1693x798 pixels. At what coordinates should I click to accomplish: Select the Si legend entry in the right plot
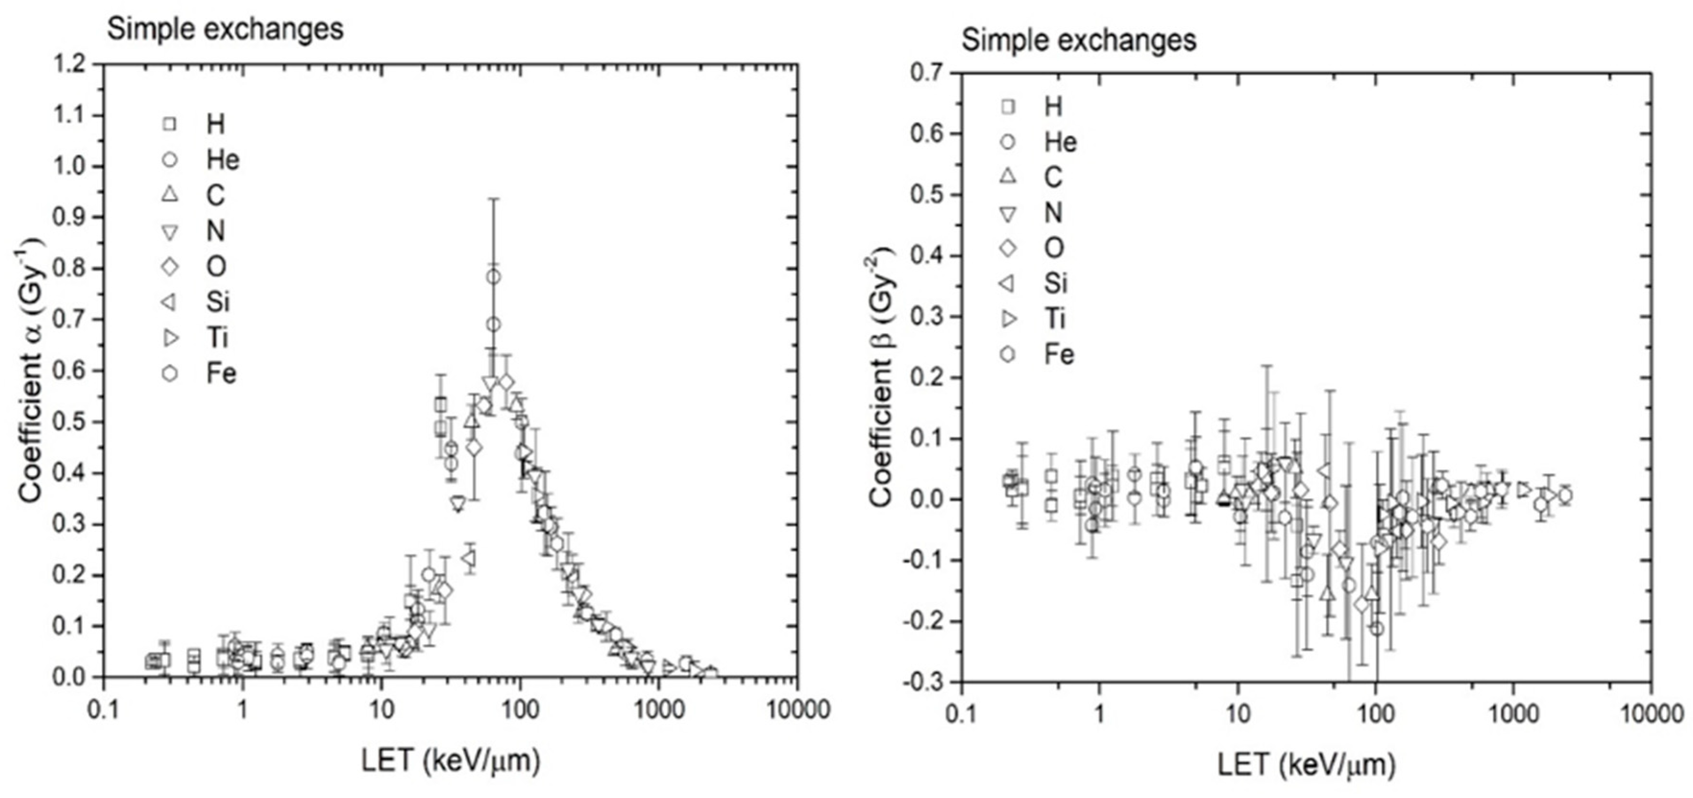[1056, 283]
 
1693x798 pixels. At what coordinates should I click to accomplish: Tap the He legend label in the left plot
[223, 160]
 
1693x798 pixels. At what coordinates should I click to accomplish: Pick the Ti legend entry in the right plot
[1056, 319]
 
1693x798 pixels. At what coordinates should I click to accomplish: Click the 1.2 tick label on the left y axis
[72, 64]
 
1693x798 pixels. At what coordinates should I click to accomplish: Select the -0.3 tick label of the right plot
[924, 682]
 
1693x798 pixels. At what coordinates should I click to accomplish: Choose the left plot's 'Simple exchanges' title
[225, 30]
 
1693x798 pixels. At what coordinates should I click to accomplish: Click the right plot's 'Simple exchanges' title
[1079, 41]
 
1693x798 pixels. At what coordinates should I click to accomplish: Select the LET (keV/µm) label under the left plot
[451, 761]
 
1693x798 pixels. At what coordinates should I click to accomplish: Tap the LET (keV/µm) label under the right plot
[1306, 764]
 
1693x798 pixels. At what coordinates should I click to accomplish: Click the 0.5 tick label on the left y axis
[72, 422]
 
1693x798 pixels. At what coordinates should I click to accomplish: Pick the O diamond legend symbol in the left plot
[170, 267]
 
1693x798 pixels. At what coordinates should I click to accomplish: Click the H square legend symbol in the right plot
[1008, 107]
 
